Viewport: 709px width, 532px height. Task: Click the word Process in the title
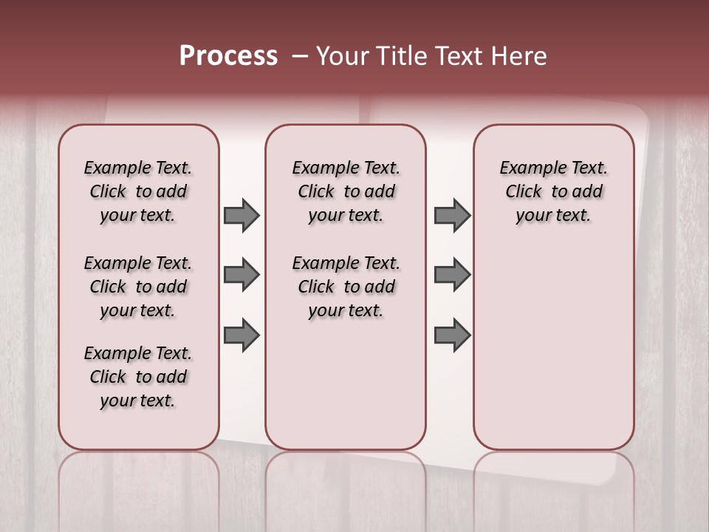(x=228, y=56)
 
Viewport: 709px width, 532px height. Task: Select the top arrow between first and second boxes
(x=242, y=215)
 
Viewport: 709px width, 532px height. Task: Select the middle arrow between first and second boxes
(x=242, y=275)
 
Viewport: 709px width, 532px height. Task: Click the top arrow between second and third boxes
(x=452, y=215)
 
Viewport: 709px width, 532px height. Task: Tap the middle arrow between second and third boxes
(x=452, y=275)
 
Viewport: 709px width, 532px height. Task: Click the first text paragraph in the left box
(x=138, y=191)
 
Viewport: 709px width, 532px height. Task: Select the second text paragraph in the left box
(x=138, y=287)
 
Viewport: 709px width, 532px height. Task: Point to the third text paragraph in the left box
(x=138, y=377)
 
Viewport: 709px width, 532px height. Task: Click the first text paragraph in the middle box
(x=346, y=191)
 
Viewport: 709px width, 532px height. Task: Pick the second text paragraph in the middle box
(x=346, y=287)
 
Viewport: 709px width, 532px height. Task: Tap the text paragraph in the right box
(x=554, y=191)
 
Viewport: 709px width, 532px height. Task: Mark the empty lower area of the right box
(x=554, y=347)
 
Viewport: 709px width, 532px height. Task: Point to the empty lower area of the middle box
(x=346, y=384)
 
